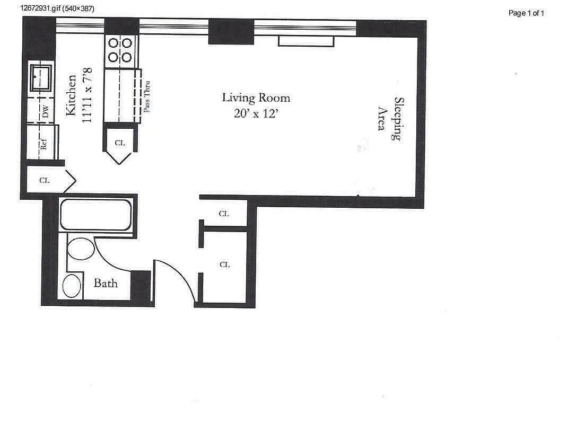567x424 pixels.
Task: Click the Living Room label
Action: click(256, 98)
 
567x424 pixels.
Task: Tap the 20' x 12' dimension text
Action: click(256, 113)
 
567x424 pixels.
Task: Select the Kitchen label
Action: click(71, 95)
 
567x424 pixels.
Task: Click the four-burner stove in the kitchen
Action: click(120, 50)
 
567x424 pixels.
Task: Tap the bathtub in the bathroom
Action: click(95, 214)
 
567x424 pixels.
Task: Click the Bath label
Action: click(106, 282)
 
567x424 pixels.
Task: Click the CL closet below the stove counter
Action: click(120, 143)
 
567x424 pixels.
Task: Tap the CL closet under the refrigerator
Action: click(45, 180)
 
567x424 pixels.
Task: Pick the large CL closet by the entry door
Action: click(224, 264)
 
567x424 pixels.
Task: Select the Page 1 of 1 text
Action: click(526, 13)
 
